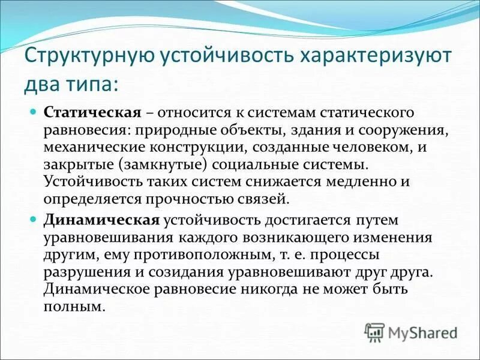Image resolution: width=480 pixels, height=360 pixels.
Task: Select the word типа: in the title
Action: pyautogui.click(x=94, y=84)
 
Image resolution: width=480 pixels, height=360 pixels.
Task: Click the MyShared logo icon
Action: pyautogui.click(x=374, y=331)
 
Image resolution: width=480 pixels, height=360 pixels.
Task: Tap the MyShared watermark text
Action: pyautogui.click(x=424, y=332)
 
